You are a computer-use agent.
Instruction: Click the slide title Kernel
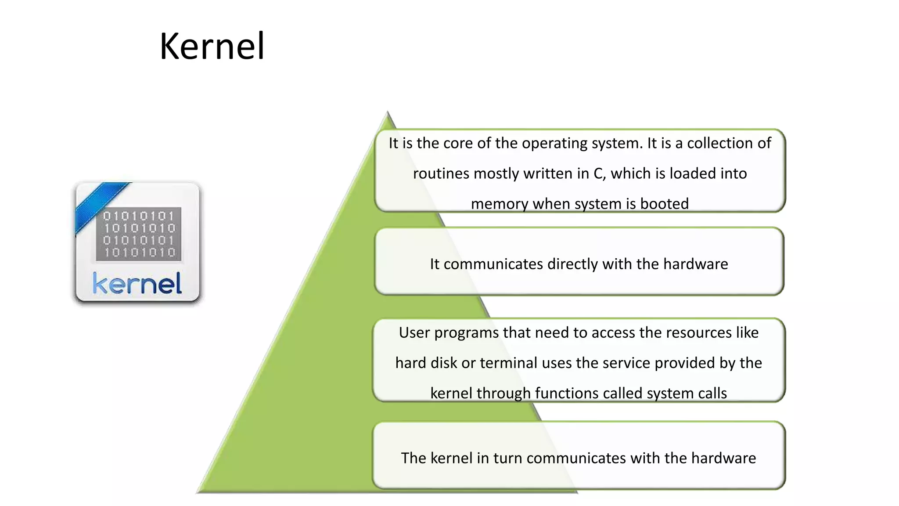tap(212, 46)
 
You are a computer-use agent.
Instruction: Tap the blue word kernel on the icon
tap(137, 283)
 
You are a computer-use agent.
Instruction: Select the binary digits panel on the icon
tap(139, 234)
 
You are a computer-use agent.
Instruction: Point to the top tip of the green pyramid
tap(388, 115)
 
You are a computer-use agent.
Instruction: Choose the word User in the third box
tap(414, 333)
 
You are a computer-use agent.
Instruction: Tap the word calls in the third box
tap(712, 393)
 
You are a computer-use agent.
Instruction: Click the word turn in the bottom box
tap(507, 458)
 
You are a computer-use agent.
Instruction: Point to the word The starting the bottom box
tap(414, 458)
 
